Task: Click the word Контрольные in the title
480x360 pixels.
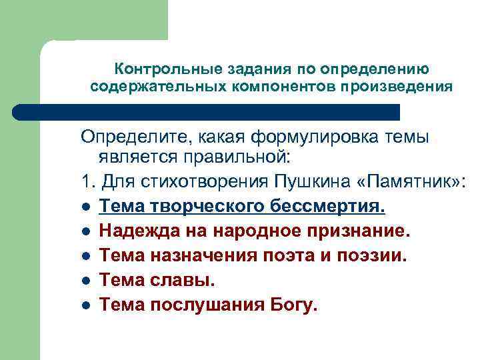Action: (151, 69)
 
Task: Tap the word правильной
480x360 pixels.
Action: (246, 159)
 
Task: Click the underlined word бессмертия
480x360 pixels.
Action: (327, 207)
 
